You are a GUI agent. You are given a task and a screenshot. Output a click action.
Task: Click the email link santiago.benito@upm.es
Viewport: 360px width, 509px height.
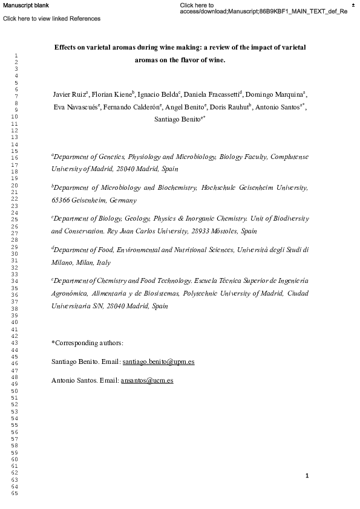coord(158,362)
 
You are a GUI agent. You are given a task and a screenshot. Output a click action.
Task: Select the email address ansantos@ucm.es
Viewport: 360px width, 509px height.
coord(147,381)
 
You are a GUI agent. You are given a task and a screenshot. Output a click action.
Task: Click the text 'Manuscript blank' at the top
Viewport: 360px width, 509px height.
coord(26,5)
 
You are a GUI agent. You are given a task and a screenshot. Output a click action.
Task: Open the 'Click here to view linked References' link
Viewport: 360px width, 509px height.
coord(52,19)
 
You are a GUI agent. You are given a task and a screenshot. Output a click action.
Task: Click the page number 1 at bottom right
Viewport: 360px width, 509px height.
coord(307,476)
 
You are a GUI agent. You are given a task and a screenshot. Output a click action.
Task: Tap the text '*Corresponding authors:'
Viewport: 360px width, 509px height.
coord(88,343)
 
